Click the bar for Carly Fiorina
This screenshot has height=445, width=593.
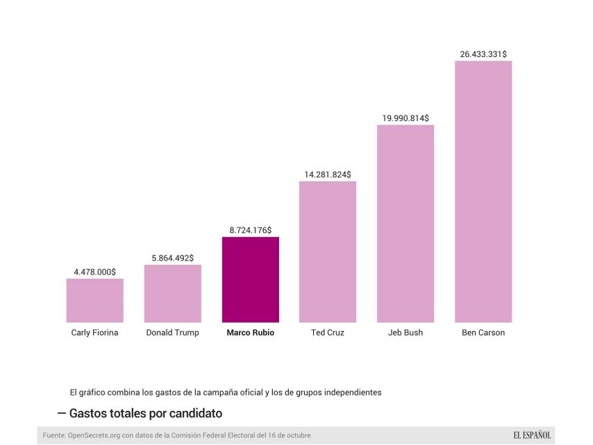click(94, 300)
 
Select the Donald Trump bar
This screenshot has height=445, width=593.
click(172, 293)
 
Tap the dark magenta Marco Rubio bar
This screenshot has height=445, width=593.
click(250, 280)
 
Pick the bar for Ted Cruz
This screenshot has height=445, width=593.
click(328, 252)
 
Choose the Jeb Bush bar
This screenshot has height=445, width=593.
click(406, 223)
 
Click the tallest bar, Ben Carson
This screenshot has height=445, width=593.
click(483, 191)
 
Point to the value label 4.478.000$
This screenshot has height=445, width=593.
click(94, 272)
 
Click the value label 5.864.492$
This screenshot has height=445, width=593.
click(172, 258)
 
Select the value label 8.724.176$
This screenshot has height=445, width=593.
click(250, 230)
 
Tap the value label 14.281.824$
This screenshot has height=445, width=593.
click(328, 175)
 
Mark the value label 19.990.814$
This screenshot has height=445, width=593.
click(406, 118)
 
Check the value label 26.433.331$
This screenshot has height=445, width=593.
click(483, 54)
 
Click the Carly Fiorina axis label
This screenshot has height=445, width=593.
click(94, 333)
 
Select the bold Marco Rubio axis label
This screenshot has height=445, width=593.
click(250, 333)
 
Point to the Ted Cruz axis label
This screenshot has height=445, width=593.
click(328, 333)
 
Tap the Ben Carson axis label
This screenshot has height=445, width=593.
click(483, 333)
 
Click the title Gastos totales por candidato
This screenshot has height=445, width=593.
click(146, 414)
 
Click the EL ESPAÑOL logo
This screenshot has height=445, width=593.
click(532, 435)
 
